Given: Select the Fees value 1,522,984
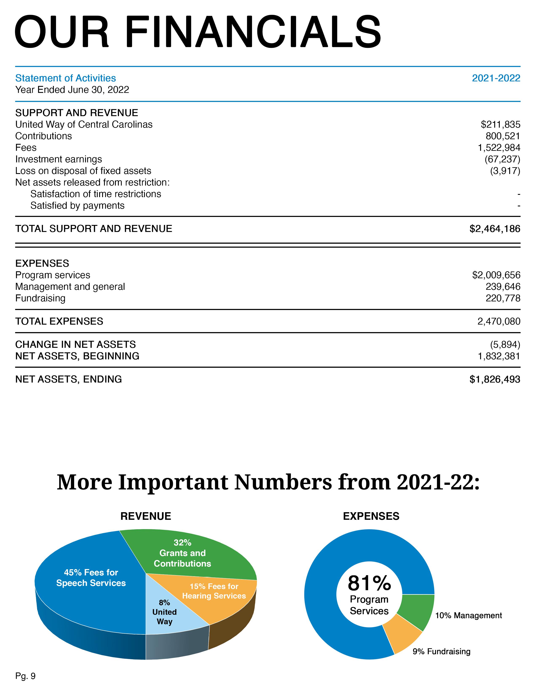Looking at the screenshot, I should (x=499, y=148).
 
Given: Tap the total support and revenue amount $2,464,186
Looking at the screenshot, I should (x=495, y=229).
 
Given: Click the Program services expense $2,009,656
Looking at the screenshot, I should (x=496, y=275).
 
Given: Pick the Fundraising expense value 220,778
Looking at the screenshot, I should (x=503, y=298).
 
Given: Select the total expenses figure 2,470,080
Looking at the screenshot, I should (x=498, y=321).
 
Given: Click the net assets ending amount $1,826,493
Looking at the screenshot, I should (x=495, y=379).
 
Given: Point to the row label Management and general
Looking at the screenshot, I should (x=70, y=287).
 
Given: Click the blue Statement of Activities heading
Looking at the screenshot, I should (x=65, y=78).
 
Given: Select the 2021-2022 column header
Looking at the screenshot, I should (x=496, y=78).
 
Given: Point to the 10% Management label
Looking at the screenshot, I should (x=468, y=615).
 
